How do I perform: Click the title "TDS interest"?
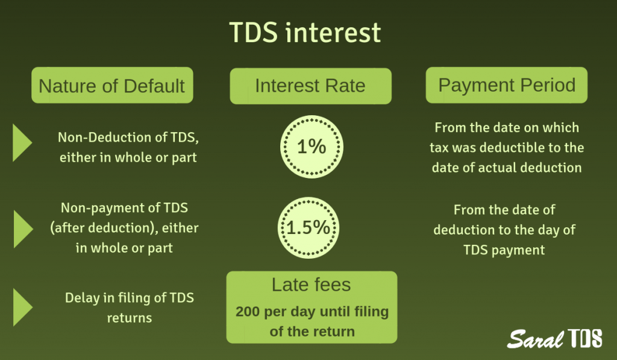pyautogui.click(x=305, y=32)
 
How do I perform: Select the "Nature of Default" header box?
pyautogui.click(x=112, y=85)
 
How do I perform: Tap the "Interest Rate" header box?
pyautogui.click(x=310, y=86)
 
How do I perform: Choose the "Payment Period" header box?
pyautogui.click(x=506, y=85)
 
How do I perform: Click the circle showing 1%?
pyautogui.click(x=312, y=147)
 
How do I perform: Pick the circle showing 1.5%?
pyautogui.click(x=308, y=228)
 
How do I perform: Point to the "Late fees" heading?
pyautogui.click(x=311, y=285)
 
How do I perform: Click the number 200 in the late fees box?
pyautogui.click(x=247, y=312)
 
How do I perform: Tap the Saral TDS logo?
pyautogui.click(x=554, y=338)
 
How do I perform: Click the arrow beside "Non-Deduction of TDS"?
pyautogui.click(x=22, y=142)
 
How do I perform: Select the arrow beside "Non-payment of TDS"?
pyautogui.click(x=23, y=229)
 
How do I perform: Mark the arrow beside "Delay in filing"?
pyautogui.click(x=22, y=307)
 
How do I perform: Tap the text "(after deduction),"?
pyautogui.click(x=104, y=228)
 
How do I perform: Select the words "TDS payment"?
pyautogui.click(x=504, y=250)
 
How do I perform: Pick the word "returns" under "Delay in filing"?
pyautogui.click(x=130, y=318)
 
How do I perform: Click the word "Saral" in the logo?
pyautogui.click(x=535, y=339)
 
